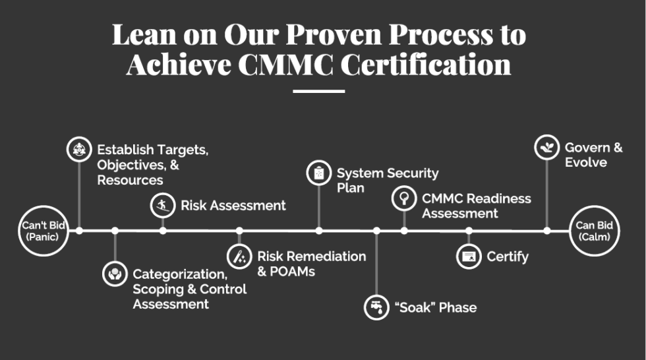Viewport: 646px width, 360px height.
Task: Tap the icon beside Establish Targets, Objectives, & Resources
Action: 79,149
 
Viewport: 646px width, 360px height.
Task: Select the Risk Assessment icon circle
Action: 163,205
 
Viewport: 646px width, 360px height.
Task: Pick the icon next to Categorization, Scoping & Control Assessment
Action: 115,274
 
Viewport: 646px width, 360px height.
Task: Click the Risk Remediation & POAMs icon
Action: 239,256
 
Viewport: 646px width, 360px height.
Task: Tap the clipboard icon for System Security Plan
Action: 319,173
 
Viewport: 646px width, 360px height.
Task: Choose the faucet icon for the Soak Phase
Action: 376,307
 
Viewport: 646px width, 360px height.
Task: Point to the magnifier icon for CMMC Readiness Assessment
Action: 404,198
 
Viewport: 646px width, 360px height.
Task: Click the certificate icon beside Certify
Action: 469,256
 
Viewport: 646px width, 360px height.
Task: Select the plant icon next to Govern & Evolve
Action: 546,147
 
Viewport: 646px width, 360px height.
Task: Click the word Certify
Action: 508,256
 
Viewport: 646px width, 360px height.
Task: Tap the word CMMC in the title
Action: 285,64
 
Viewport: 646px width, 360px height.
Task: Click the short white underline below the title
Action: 319,91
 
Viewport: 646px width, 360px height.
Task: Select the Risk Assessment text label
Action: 233,205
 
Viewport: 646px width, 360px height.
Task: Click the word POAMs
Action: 292,272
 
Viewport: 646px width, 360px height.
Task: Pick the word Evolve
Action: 586,162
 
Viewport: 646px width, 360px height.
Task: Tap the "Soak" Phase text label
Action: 436,307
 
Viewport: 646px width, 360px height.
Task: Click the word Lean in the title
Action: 144,34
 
